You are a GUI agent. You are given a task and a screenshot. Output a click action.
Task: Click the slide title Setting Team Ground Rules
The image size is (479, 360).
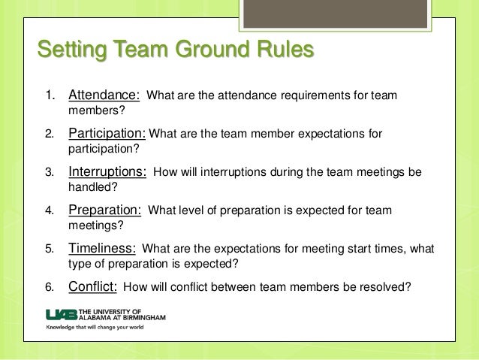point(175,52)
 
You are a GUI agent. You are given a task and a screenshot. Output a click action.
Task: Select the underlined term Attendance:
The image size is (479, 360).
point(104,96)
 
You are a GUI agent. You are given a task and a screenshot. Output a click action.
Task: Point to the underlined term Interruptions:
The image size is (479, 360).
point(108,171)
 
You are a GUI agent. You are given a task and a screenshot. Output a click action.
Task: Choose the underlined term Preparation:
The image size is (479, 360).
point(106,210)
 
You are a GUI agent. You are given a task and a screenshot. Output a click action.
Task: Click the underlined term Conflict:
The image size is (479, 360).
point(92,286)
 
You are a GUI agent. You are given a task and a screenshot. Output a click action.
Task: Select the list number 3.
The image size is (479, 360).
point(50,172)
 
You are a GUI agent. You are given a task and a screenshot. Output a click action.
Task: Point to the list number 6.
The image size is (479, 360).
point(50,286)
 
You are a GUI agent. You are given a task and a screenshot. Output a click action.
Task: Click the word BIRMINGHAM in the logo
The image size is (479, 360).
point(140,318)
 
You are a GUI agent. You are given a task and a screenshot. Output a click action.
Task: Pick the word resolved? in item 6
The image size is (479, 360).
point(384,286)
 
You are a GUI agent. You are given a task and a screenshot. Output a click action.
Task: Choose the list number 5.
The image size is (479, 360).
point(50,248)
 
